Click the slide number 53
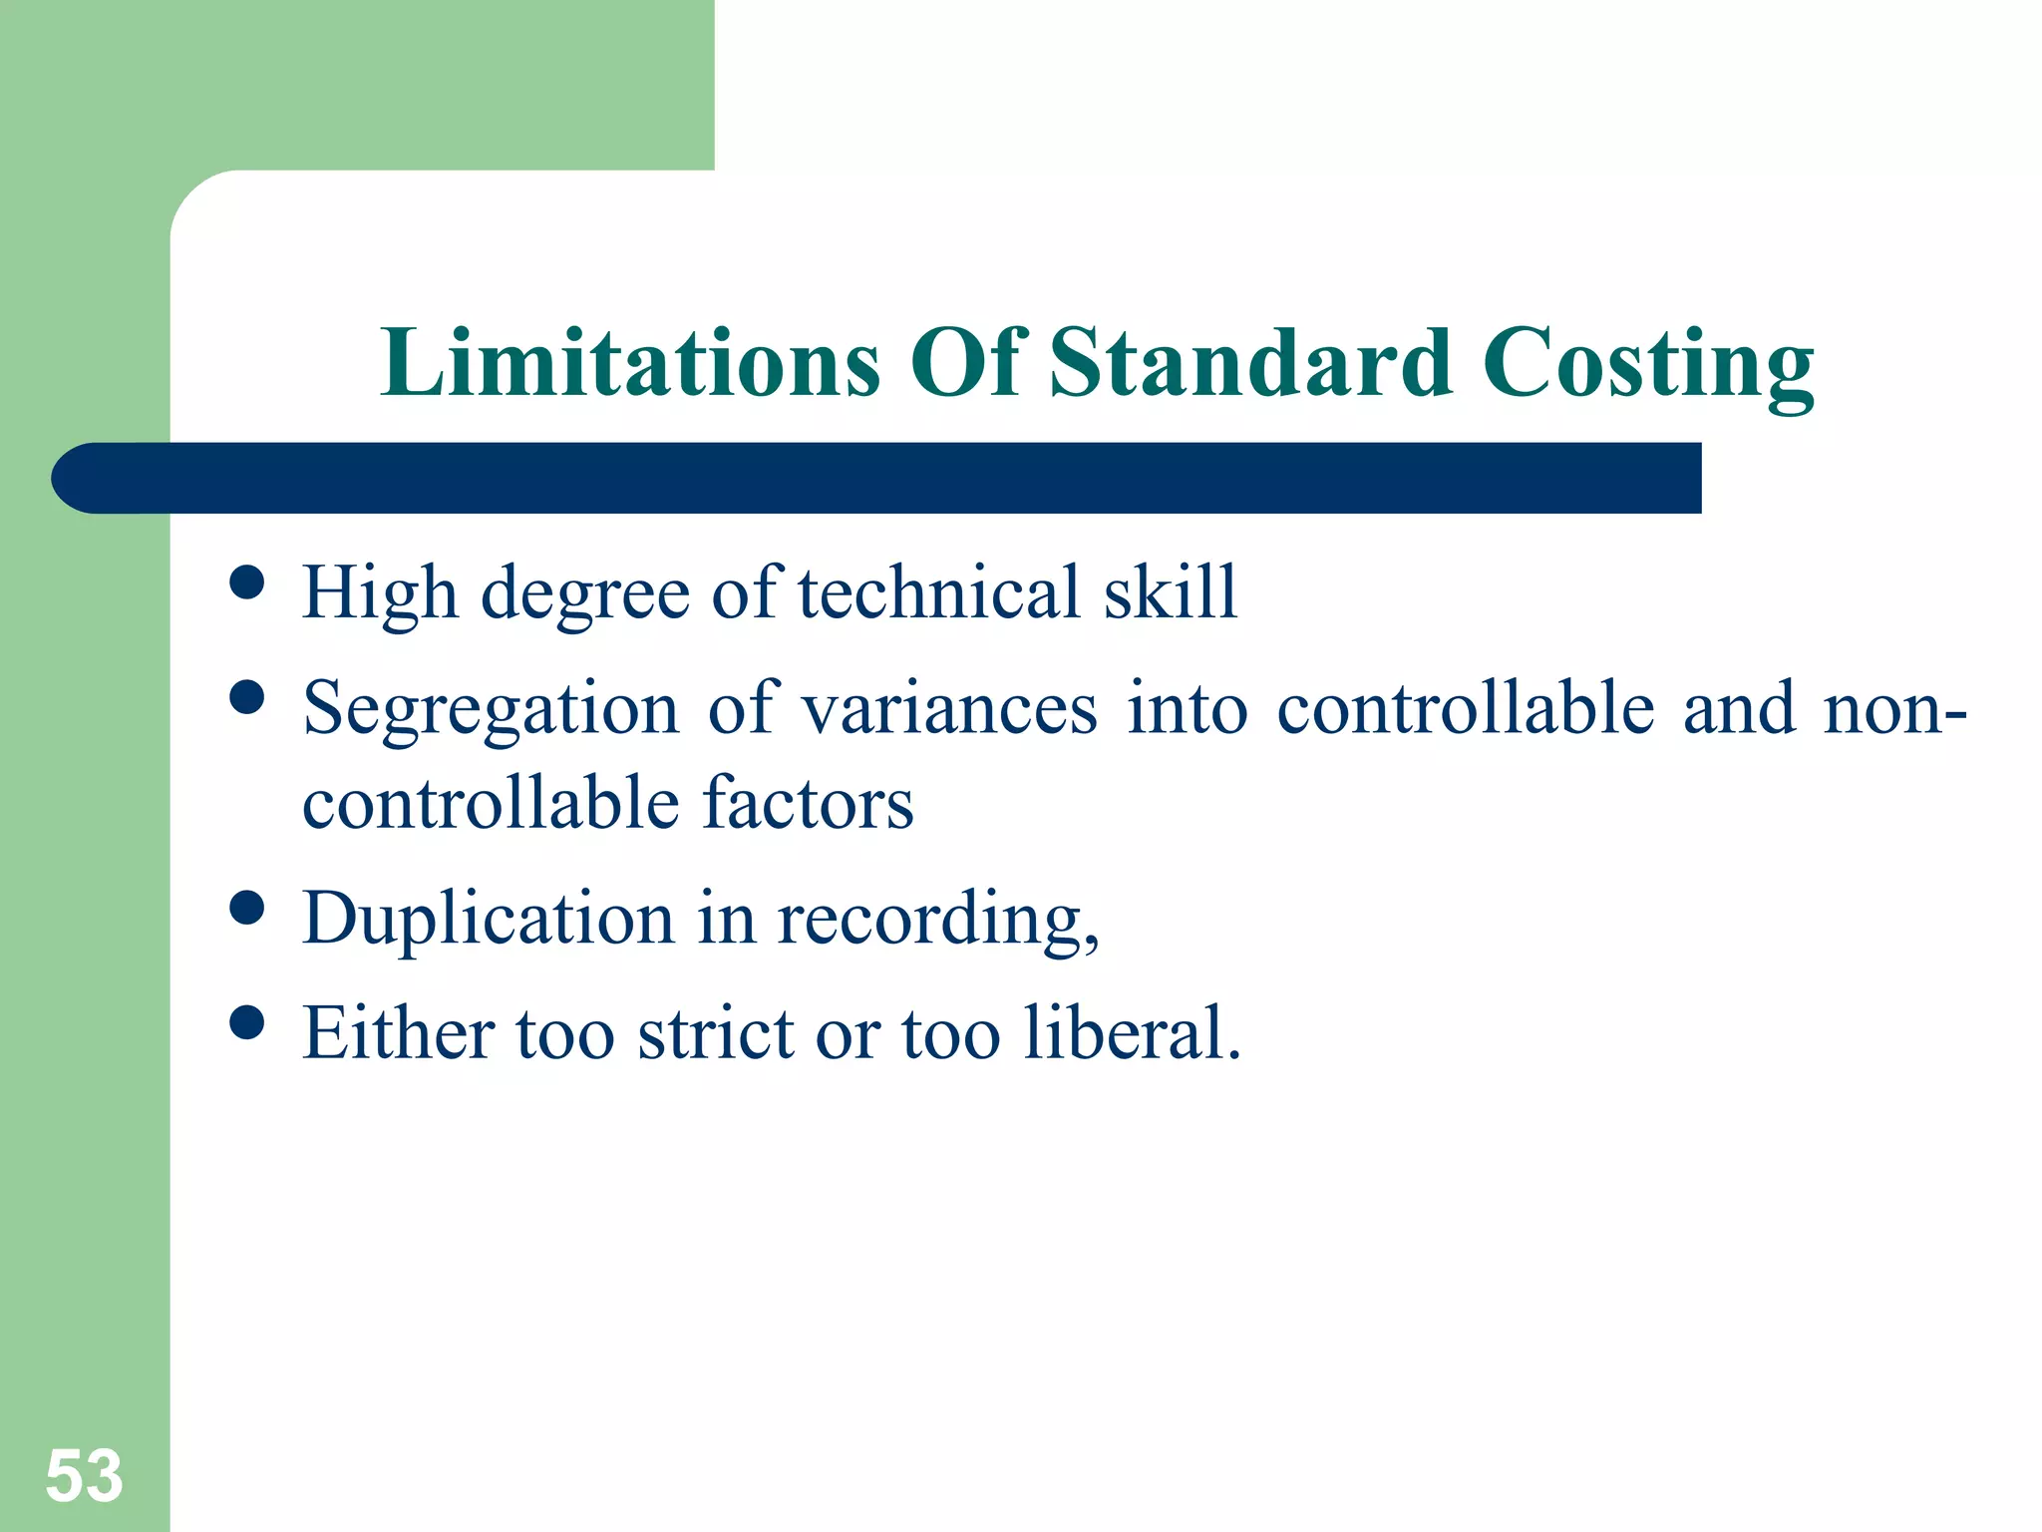coord(84,1476)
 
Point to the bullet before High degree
coord(246,582)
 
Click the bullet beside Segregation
coord(246,698)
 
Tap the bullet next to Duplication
coord(246,908)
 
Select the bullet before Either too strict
coord(246,1022)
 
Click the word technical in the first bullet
coord(939,592)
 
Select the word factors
coord(808,804)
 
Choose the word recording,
coord(937,920)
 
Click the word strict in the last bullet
coord(715,1033)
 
